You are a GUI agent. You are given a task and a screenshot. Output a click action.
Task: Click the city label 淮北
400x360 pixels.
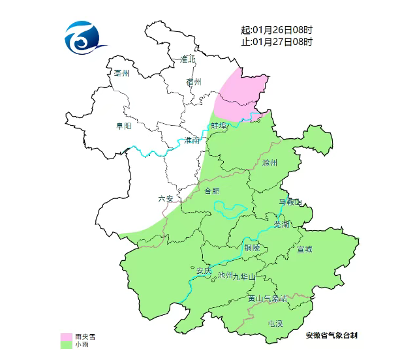pos(188,59)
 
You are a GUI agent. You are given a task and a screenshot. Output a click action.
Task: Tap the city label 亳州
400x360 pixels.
pos(122,73)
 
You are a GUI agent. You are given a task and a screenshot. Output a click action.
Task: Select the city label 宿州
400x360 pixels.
pos(194,82)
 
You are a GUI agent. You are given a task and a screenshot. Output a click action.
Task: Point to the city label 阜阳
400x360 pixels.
pos(123,125)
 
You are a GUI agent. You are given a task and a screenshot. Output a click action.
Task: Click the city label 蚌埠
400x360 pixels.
pos(219,125)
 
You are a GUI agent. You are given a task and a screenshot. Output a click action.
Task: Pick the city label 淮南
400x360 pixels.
pos(192,140)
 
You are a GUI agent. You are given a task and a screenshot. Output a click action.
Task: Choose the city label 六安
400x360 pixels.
pos(166,199)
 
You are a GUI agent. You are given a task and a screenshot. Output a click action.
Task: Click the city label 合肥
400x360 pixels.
pos(212,191)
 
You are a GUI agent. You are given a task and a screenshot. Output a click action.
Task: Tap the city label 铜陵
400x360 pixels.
pos(252,248)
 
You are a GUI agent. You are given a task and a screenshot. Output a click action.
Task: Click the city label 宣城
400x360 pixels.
pos(304,249)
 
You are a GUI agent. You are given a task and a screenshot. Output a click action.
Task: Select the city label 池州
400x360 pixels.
pos(225,275)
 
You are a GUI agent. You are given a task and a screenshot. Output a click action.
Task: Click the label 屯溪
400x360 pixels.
pos(275,323)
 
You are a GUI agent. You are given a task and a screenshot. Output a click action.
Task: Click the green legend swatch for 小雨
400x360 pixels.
pos(66,344)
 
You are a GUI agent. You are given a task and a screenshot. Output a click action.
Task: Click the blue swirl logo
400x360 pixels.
pos(84,40)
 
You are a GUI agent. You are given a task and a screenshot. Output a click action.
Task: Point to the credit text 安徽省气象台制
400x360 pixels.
pos(331,335)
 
